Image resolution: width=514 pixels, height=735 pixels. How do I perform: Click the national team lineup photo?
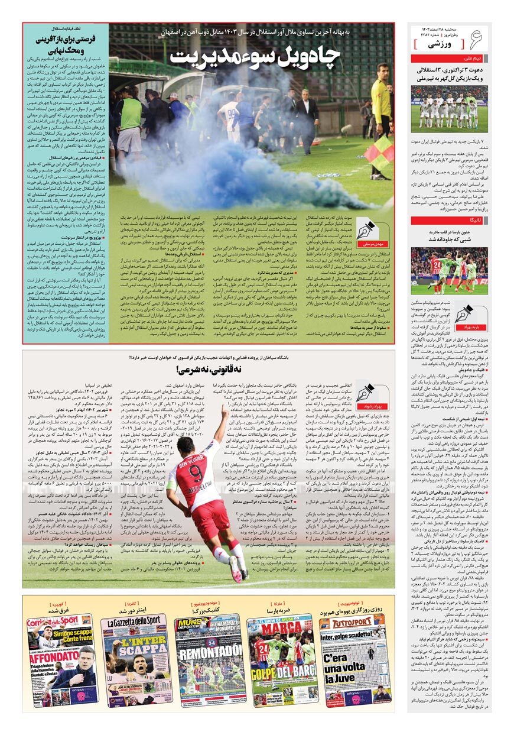450,109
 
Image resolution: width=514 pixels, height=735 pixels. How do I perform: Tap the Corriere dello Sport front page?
61,659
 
